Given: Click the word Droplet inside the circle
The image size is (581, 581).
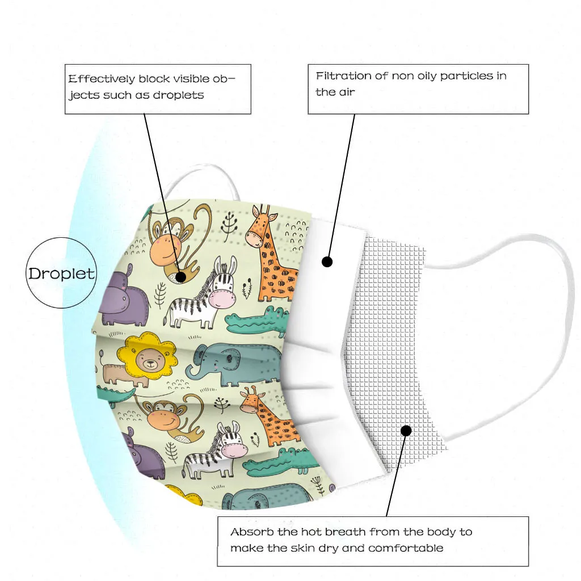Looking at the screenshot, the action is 61,273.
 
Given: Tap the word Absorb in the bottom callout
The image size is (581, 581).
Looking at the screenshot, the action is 251,532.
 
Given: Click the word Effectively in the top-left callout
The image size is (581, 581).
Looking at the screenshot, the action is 102,79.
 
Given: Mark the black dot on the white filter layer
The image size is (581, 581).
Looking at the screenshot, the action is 327,262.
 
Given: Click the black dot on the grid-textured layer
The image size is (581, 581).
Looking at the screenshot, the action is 406,431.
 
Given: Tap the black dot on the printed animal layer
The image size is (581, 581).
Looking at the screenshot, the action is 180,277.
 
